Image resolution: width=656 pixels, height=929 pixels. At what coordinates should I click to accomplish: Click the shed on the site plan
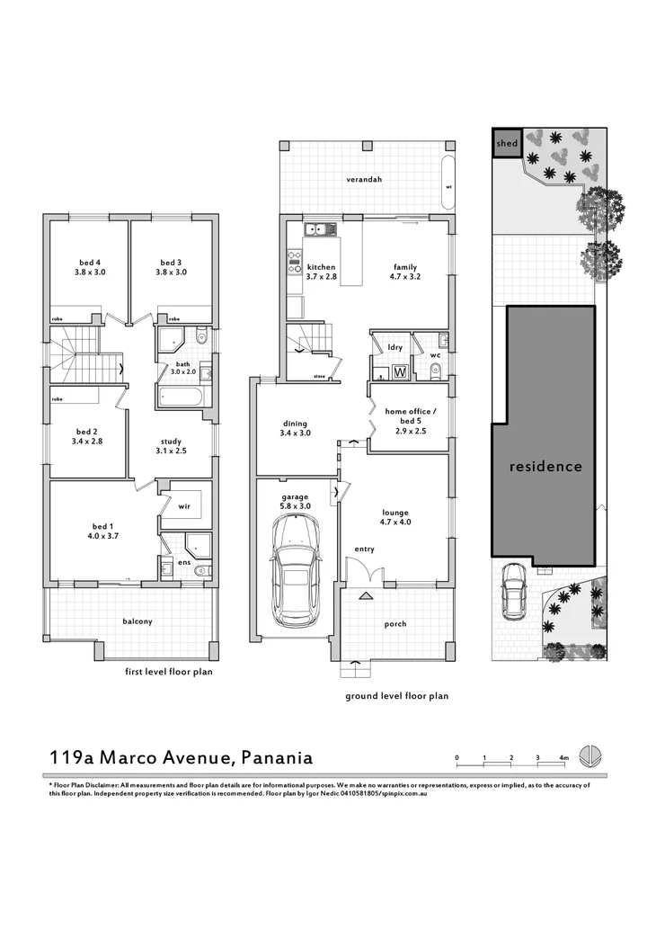[506, 143]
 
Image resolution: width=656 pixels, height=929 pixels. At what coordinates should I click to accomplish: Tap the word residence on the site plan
[545, 467]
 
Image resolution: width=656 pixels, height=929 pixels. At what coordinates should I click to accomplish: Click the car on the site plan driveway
[515, 593]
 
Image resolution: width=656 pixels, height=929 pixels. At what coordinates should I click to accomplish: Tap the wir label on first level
[184, 506]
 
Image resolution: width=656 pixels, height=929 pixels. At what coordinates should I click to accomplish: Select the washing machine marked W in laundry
[400, 371]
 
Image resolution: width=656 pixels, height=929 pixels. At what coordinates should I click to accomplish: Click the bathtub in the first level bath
[179, 398]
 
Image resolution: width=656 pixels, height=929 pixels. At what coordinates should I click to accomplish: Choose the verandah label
[365, 179]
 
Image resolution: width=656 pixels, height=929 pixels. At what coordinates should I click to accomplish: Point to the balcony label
[137, 621]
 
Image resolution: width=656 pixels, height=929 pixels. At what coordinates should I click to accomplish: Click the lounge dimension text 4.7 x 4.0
[394, 522]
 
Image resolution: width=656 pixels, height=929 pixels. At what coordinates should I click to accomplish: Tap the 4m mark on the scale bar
[563, 758]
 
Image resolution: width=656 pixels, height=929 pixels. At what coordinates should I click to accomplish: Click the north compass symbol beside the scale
[590, 756]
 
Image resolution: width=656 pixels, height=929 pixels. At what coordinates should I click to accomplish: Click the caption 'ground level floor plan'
[396, 695]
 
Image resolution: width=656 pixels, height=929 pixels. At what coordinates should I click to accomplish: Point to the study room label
[171, 442]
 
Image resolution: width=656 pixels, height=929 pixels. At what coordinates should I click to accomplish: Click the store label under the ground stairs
[318, 376]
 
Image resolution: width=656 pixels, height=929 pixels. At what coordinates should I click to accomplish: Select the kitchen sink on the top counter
[319, 229]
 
